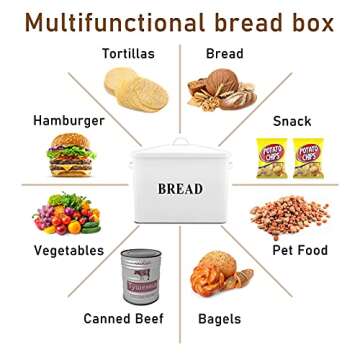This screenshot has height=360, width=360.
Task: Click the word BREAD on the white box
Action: tap(180, 188)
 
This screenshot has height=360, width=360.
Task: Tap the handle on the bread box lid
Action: tap(181, 143)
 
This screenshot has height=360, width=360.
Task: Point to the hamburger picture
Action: tap(72, 154)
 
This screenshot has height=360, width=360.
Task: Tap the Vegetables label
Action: tap(68, 250)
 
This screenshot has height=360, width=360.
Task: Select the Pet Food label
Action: tap(303, 250)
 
